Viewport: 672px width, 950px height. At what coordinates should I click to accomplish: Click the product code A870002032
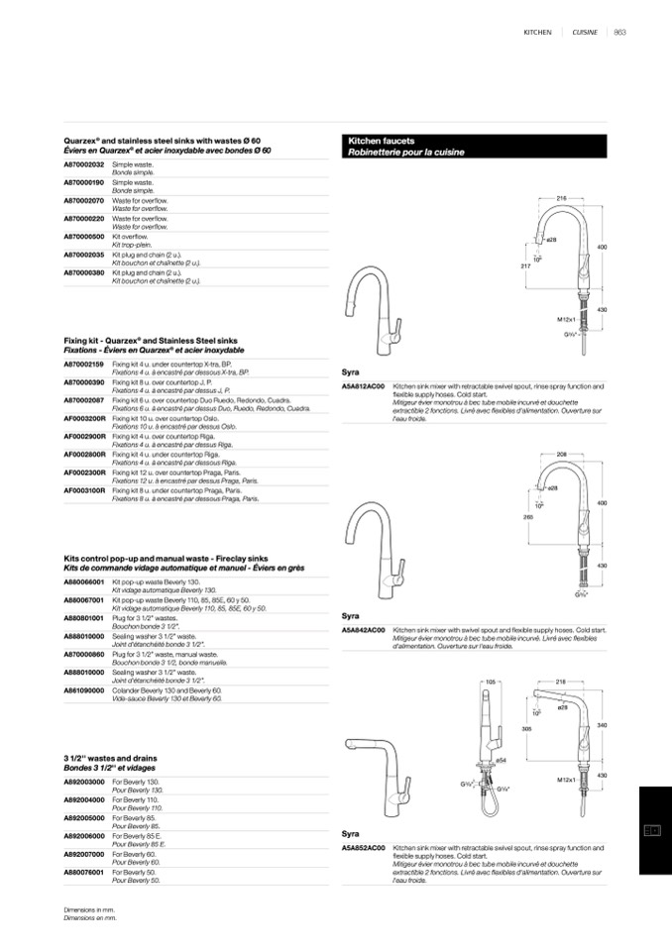pos(84,163)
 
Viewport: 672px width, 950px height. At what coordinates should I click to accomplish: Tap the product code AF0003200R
pos(85,418)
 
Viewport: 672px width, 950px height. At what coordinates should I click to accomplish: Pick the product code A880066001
pos(84,581)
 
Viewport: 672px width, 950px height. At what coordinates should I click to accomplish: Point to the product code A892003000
pos(84,782)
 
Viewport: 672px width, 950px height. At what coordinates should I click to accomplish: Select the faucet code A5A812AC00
pos(363,387)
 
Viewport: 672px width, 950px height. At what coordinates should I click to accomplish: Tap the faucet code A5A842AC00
pos(363,630)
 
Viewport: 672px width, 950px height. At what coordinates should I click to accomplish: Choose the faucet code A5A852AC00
pos(363,849)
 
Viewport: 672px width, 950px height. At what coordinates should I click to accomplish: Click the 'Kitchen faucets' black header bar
pos(474,148)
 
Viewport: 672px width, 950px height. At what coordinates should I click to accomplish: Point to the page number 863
pos(619,33)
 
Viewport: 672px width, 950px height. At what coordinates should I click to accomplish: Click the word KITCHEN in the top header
pos(537,33)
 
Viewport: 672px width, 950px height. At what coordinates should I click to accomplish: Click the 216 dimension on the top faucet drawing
pos(561,199)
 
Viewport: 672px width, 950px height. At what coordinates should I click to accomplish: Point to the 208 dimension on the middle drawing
pos(562,454)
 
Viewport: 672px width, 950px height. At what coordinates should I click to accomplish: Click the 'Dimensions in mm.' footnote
pos(89,909)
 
